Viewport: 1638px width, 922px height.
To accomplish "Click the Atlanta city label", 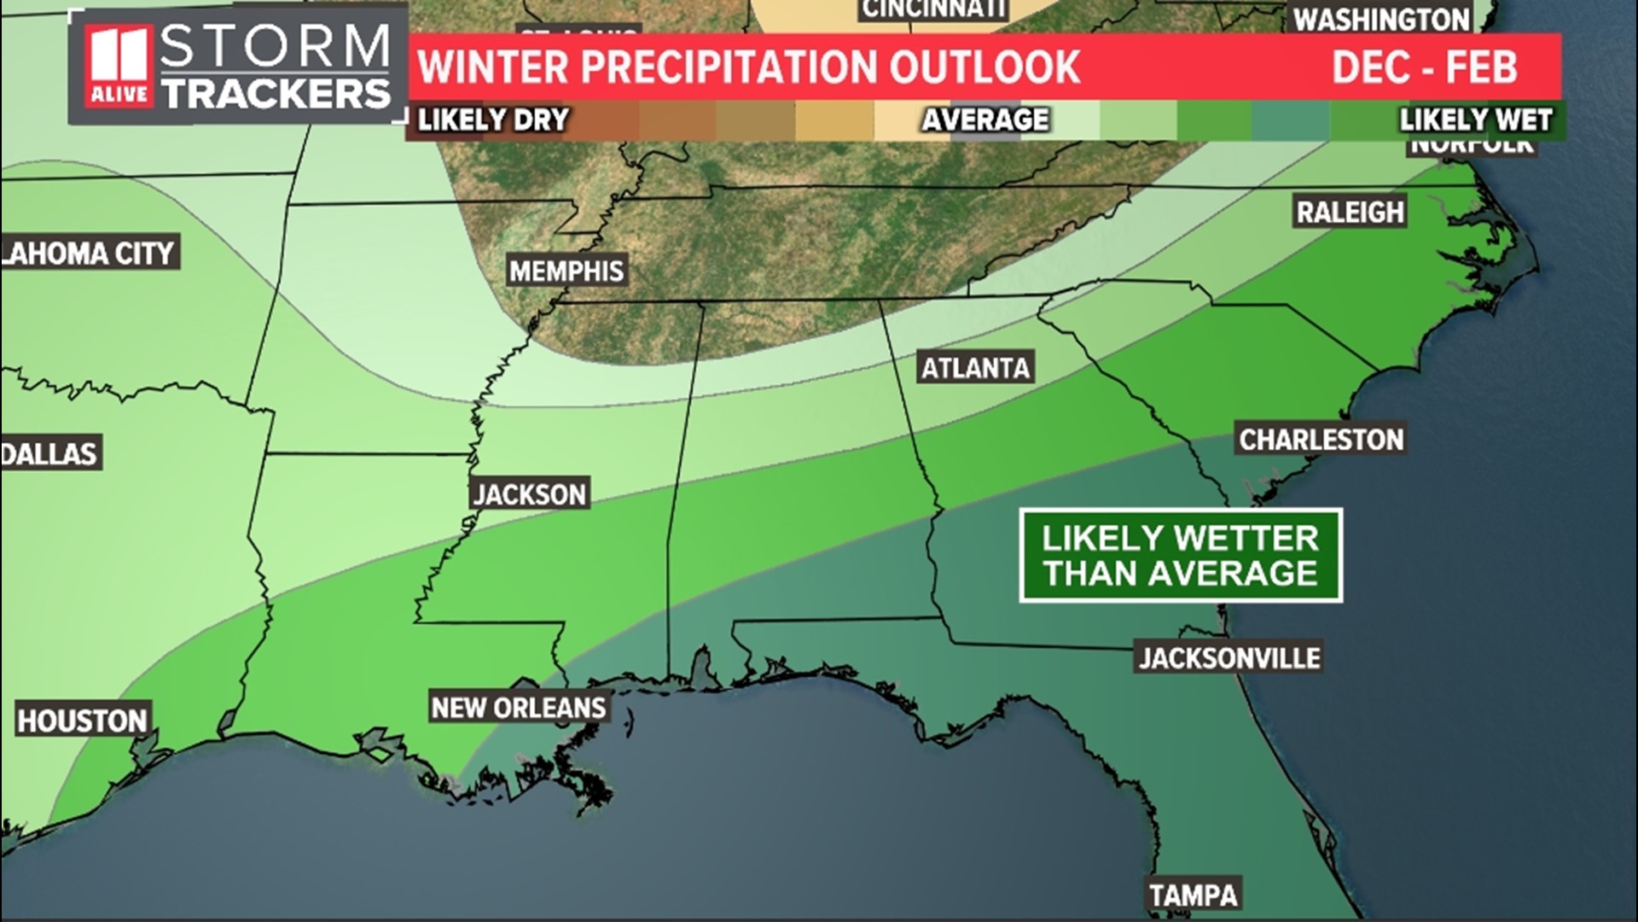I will pyautogui.click(x=976, y=368).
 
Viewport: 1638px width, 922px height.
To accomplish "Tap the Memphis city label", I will pyautogui.click(x=566, y=271).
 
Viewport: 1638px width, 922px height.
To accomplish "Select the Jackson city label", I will pyautogui.click(x=530, y=494).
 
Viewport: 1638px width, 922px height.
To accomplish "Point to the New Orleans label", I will pyautogui.click(x=519, y=708).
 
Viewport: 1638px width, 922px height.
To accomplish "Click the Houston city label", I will pyautogui.click(x=83, y=721).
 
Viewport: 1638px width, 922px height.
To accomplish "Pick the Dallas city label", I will pyautogui.click(x=49, y=453).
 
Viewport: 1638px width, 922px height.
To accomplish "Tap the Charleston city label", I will pyautogui.click(x=1321, y=440).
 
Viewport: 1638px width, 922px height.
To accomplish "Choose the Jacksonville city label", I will pyautogui.click(x=1229, y=657).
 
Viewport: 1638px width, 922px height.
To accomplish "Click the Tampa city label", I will pyautogui.click(x=1193, y=895).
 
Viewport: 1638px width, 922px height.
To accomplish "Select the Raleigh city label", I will pyautogui.click(x=1350, y=212).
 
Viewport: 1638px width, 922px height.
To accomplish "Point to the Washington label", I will pyautogui.click(x=1381, y=19).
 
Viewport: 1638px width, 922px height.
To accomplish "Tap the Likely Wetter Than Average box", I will pyautogui.click(x=1181, y=556).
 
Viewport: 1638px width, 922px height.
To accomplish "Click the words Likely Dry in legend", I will pyautogui.click(x=493, y=120).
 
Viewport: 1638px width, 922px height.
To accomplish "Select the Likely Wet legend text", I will pyautogui.click(x=1475, y=120).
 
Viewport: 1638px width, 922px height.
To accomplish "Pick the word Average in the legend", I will pyautogui.click(x=985, y=120).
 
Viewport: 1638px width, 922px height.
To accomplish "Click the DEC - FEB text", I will pyautogui.click(x=1425, y=67).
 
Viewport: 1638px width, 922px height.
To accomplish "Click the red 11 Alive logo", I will pyautogui.click(x=119, y=67).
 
